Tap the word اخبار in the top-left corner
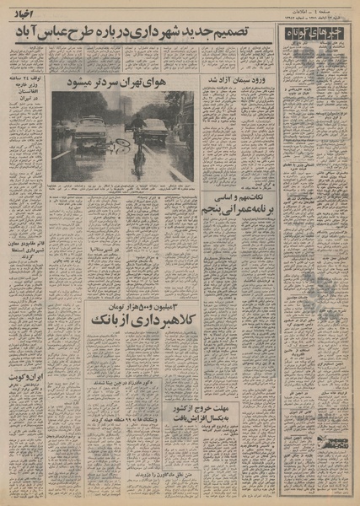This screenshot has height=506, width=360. (x=20, y=12)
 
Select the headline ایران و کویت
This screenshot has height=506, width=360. (x=24, y=375)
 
